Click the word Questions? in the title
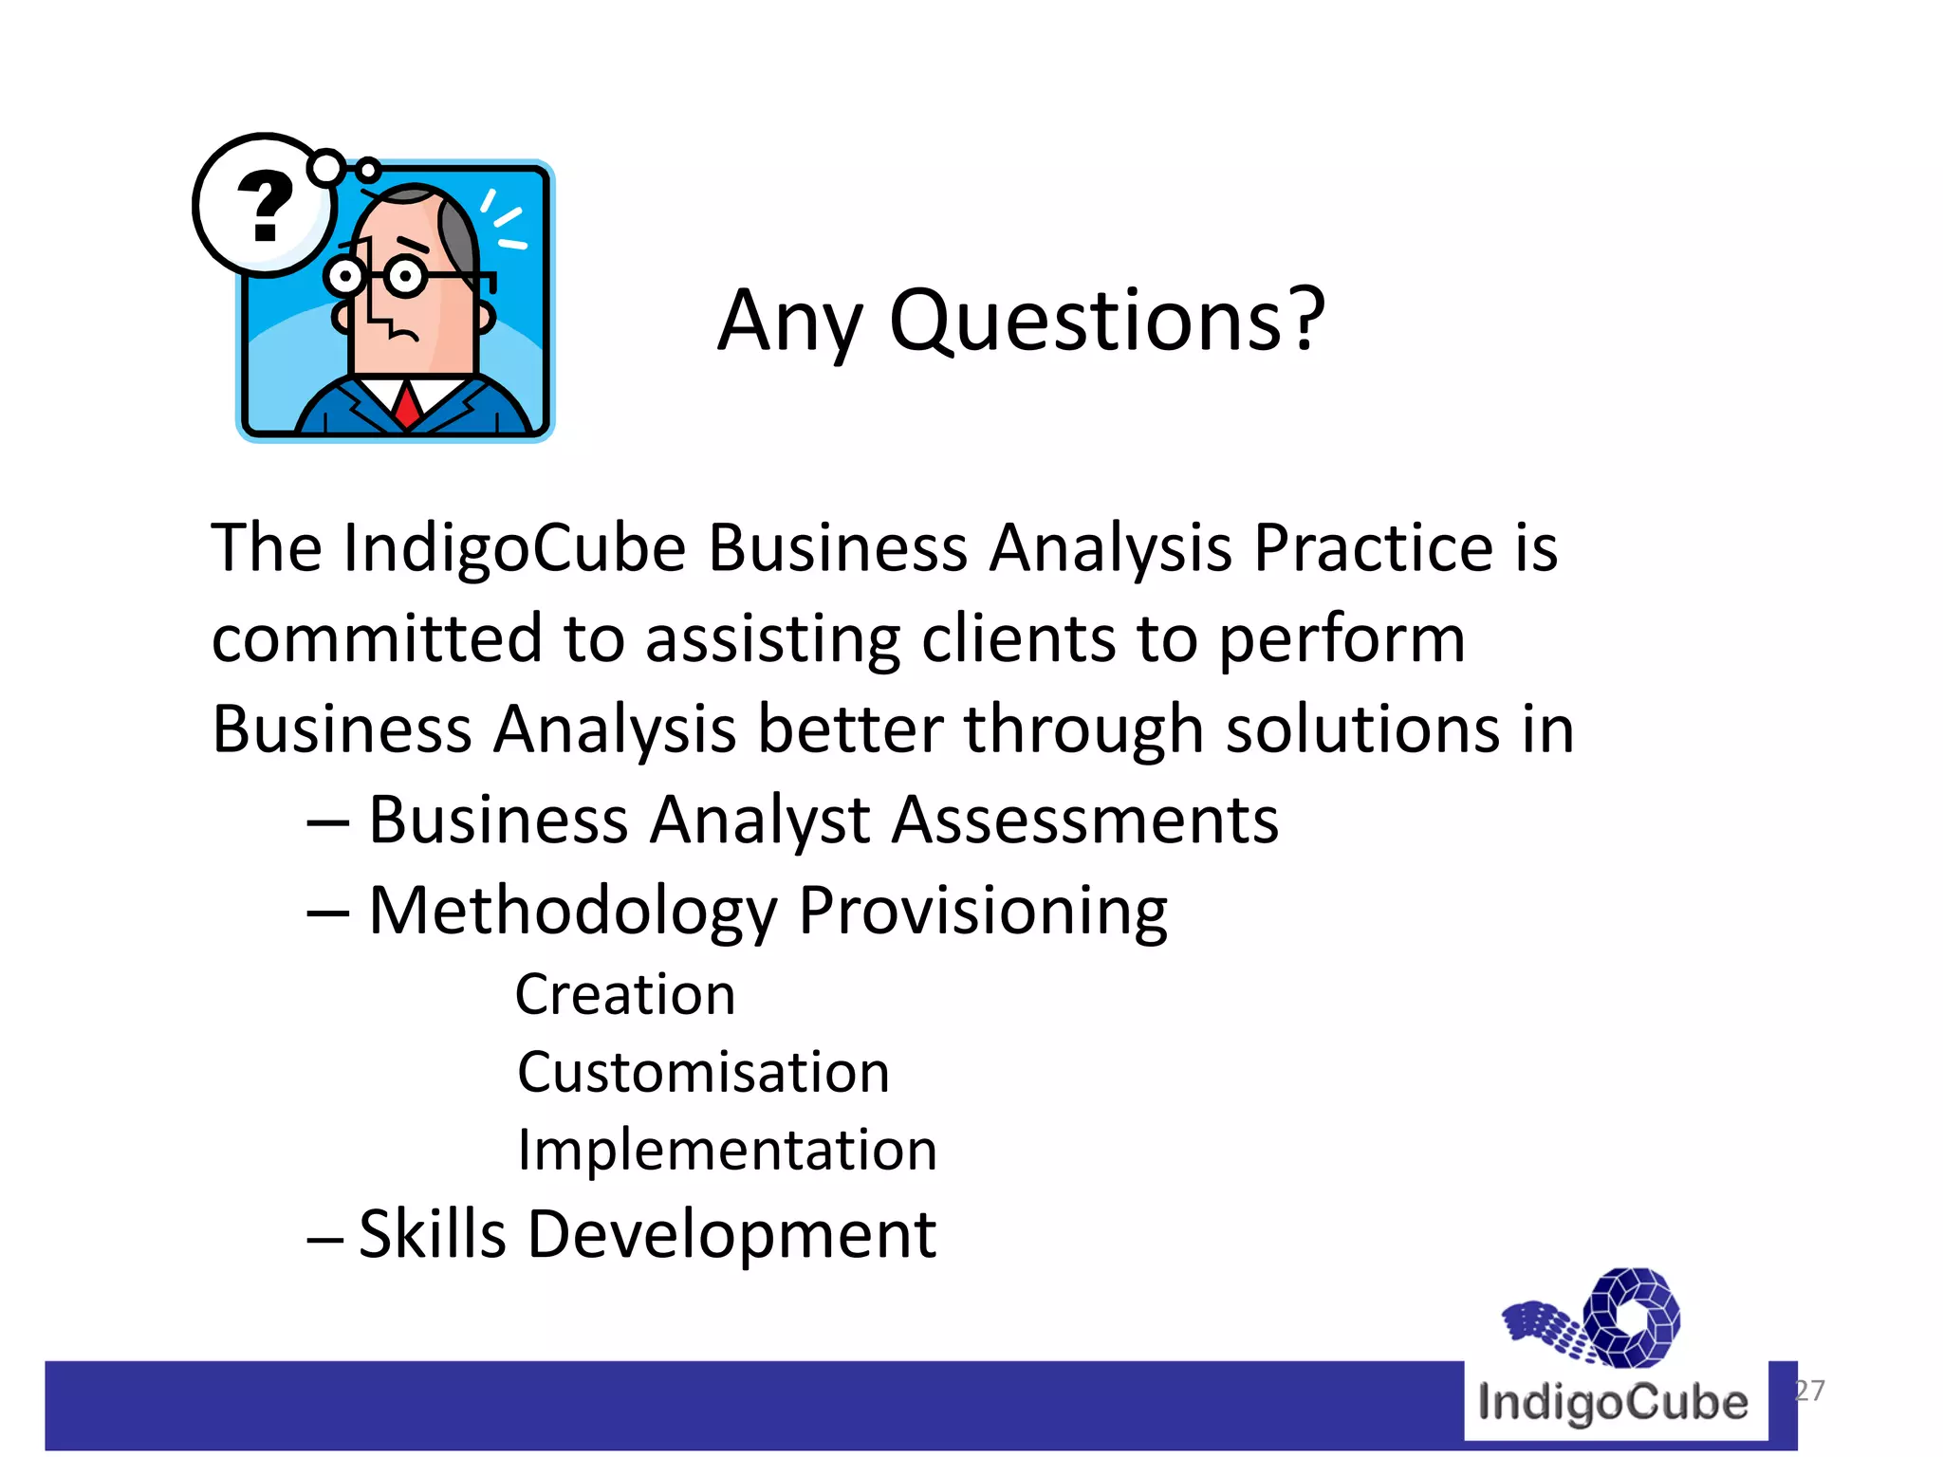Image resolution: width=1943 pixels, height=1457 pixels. click(1106, 321)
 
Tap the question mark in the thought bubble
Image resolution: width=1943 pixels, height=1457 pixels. click(265, 206)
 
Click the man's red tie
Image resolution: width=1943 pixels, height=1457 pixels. click(407, 404)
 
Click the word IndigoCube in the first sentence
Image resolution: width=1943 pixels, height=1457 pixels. click(514, 548)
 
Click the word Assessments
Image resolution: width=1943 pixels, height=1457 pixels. click(1085, 819)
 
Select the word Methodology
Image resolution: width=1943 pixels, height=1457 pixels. click(573, 911)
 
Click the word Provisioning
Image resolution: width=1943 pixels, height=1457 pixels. click(983, 911)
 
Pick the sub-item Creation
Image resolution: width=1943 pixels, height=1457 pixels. click(625, 994)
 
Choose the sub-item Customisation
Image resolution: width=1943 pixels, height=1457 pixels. click(703, 1072)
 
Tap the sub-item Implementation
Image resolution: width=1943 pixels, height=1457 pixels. click(727, 1150)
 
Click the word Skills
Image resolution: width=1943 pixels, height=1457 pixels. click(433, 1234)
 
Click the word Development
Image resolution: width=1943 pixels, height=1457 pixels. click(731, 1234)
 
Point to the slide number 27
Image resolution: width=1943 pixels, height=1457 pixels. click(1809, 1391)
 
